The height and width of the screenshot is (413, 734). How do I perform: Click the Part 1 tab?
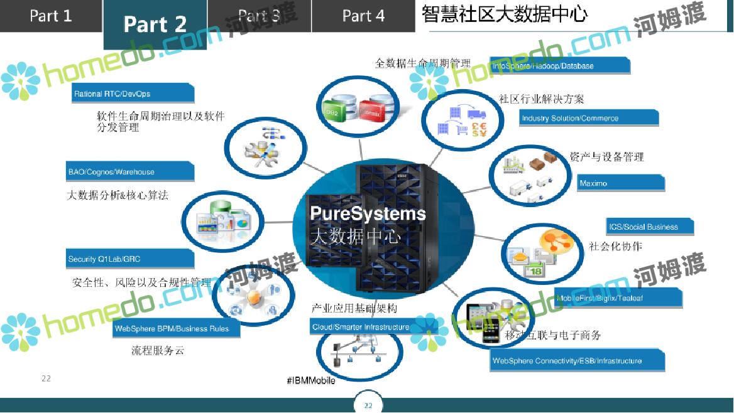click(51, 16)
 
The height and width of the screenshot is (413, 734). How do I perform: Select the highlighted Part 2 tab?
click(155, 24)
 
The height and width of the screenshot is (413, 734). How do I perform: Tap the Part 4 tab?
click(363, 16)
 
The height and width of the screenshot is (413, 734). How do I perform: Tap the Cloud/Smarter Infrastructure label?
click(361, 327)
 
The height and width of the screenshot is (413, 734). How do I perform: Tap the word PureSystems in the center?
click(368, 213)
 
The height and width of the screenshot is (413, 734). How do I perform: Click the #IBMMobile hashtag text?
click(310, 381)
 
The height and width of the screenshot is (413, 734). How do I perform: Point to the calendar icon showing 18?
click(533, 271)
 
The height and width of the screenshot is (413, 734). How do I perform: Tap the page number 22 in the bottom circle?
click(368, 405)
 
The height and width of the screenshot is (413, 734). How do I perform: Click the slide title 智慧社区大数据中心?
click(505, 15)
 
